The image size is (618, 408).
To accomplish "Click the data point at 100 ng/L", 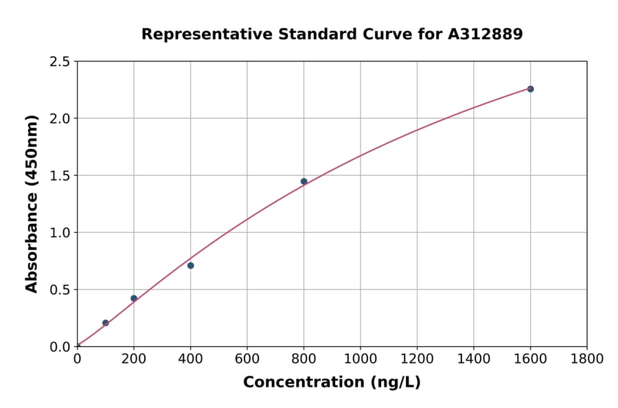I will [106, 323].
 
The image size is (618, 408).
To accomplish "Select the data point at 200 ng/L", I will [134, 298].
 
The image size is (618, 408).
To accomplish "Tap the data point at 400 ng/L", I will [190, 265].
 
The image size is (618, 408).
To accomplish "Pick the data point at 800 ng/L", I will [304, 181].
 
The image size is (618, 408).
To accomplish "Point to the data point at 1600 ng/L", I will [530, 89].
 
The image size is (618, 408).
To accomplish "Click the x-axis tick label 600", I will [247, 359].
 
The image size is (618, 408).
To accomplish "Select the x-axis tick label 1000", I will [360, 359].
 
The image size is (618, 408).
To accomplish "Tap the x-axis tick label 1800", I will [587, 359].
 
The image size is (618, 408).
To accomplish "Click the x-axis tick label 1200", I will [417, 359].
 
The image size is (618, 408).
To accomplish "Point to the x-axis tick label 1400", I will [474, 359].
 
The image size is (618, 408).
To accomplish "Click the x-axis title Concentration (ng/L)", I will [332, 383].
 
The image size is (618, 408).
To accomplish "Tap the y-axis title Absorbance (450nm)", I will [32, 203].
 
